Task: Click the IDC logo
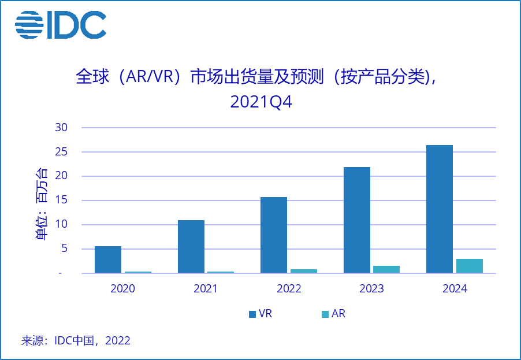click(x=61, y=24)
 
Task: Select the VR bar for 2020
click(x=108, y=259)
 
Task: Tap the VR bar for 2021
click(x=191, y=247)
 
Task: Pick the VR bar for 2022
click(x=274, y=235)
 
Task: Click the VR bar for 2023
click(x=357, y=220)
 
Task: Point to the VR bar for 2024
click(x=440, y=209)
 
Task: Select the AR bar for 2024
click(x=470, y=266)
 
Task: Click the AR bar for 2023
click(x=386, y=269)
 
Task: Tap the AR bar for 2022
click(x=304, y=271)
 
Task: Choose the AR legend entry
click(x=333, y=314)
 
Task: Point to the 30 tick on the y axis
click(x=62, y=128)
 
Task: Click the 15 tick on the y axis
click(x=62, y=201)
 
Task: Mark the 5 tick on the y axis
click(x=65, y=249)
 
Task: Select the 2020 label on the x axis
click(x=122, y=289)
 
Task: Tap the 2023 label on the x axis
click(x=371, y=289)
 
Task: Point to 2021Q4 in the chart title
click(x=261, y=102)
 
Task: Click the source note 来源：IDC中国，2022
click(x=76, y=340)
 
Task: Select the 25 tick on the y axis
click(x=62, y=152)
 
